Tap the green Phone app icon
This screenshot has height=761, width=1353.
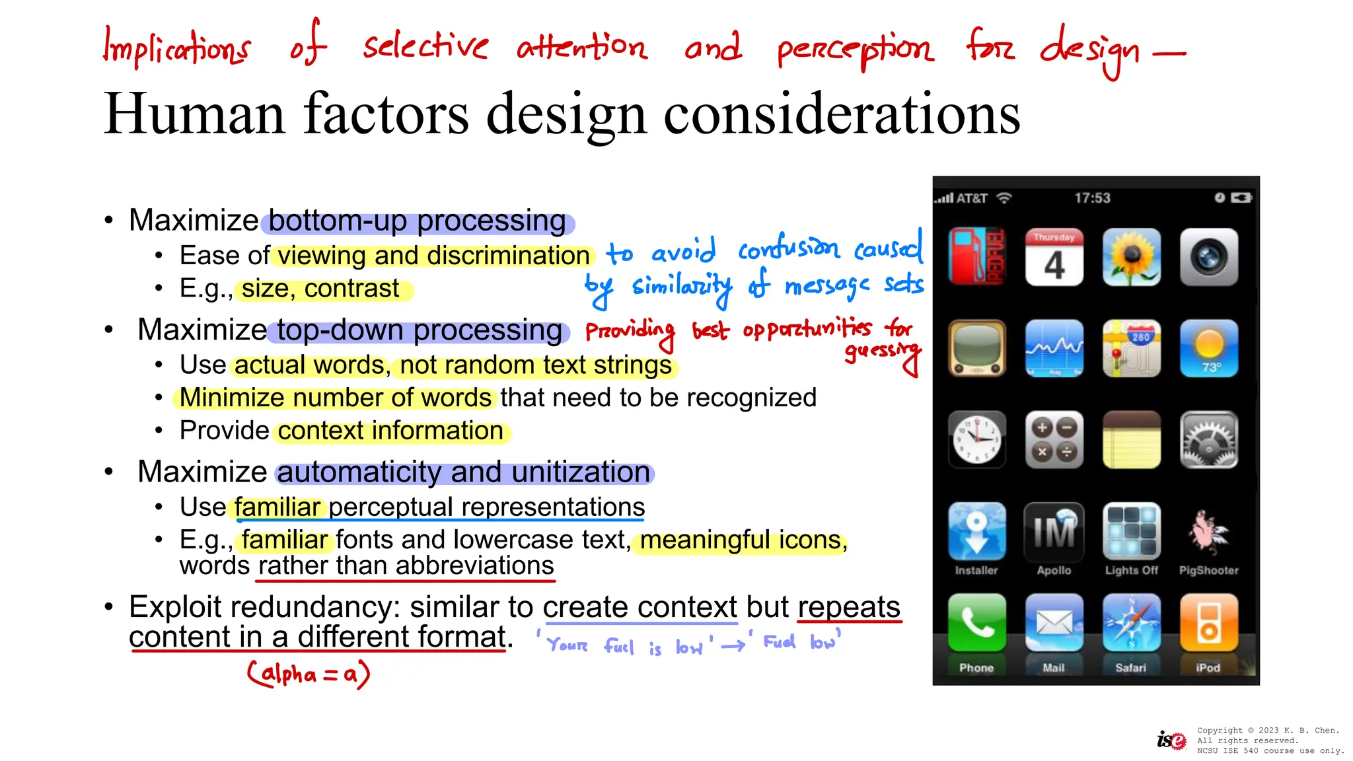click(x=976, y=622)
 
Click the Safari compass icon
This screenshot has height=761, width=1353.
click(x=1131, y=622)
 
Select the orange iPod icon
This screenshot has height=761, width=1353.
click(x=1208, y=622)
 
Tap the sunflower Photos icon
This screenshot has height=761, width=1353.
click(x=1131, y=257)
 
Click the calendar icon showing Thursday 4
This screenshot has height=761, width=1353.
click(x=1054, y=257)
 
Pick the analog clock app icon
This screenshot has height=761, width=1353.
click(x=976, y=439)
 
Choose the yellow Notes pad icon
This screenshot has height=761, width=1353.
click(x=1131, y=439)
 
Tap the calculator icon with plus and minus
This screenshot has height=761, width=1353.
click(x=1054, y=439)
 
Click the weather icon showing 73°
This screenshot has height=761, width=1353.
click(x=1208, y=348)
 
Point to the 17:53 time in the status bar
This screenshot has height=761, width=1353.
click(x=1092, y=198)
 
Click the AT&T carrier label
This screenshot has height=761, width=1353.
click(x=972, y=198)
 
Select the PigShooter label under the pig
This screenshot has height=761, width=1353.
click(x=1208, y=570)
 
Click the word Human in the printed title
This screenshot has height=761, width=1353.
click(x=194, y=114)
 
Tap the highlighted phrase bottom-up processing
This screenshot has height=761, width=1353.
click(x=418, y=221)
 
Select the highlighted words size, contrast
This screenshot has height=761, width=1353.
click(x=320, y=289)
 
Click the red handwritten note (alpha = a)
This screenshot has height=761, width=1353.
click(x=309, y=674)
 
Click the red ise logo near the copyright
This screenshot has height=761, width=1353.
click(x=1171, y=741)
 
